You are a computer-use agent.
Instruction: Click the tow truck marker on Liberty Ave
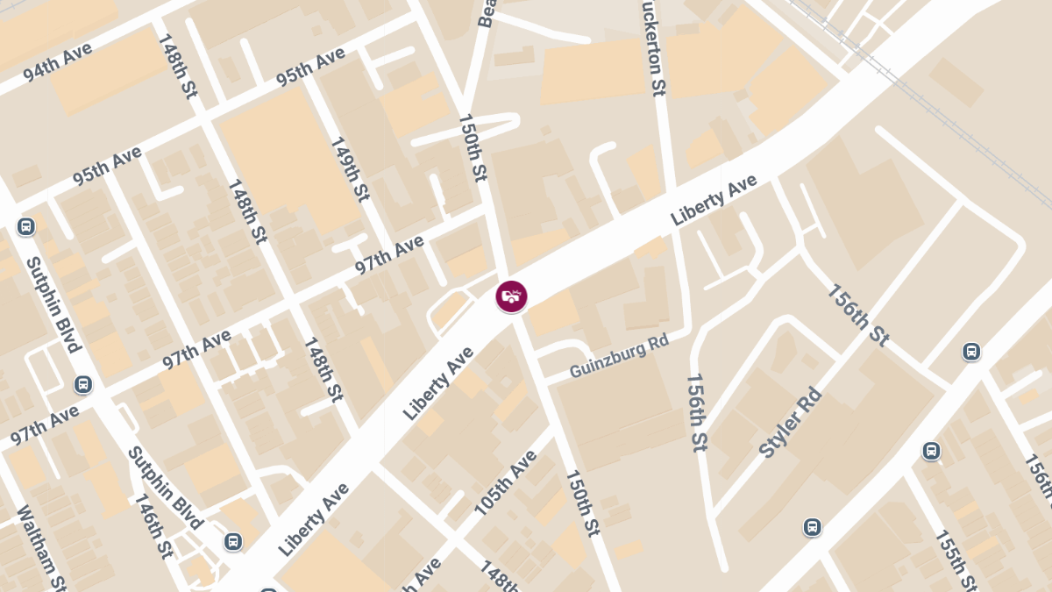click(511, 296)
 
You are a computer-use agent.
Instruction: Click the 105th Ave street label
click(505, 483)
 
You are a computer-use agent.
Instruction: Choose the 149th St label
click(349, 169)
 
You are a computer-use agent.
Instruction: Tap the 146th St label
click(153, 525)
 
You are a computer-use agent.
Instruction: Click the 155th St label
click(956, 560)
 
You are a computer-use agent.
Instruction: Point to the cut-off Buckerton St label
click(654, 47)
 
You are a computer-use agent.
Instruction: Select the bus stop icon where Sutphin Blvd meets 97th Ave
click(83, 384)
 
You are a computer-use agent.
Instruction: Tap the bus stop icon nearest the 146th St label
click(232, 541)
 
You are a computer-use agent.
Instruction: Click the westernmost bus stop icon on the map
click(25, 226)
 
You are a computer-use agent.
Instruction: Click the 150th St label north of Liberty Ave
click(472, 147)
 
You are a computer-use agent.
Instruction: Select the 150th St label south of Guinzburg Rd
click(582, 503)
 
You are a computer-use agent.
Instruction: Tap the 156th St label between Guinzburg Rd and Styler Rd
click(696, 412)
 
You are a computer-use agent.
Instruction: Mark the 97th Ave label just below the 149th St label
click(389, 254)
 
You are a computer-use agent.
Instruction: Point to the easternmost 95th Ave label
click(310, 67)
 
